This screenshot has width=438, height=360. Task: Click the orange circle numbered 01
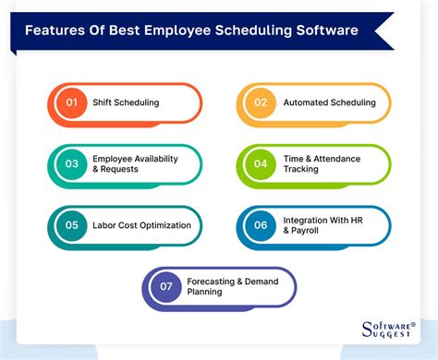pyautogui.click(x=68, y=102)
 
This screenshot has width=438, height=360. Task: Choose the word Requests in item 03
pyautogui.click(x=127, y=171)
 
